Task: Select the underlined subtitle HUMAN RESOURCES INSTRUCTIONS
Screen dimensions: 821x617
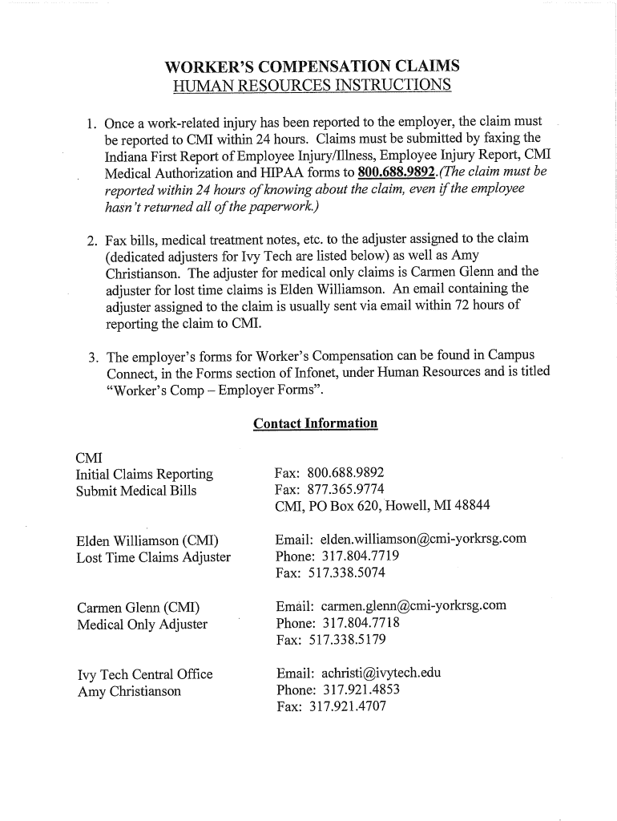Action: (313, 86)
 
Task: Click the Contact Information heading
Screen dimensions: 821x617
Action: (315, 423)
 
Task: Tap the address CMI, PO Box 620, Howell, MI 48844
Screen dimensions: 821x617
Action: (381, 506)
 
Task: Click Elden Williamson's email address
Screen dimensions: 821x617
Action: (423, 539)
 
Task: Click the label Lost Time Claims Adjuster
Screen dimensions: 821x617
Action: (154, 556)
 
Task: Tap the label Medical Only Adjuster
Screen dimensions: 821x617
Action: (142, 624)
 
